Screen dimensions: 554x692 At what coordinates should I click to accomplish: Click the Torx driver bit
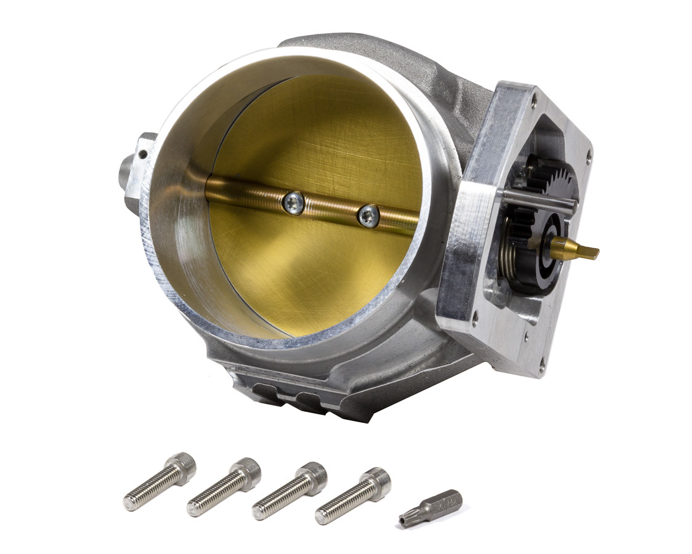point(432,504)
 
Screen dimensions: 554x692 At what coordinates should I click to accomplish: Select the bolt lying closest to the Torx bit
point(353,495)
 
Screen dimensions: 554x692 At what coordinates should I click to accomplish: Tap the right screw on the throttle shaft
point(369,216)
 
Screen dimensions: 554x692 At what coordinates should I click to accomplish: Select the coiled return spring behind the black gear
point(513,252)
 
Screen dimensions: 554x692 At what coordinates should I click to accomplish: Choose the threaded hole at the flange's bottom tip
point(541,370)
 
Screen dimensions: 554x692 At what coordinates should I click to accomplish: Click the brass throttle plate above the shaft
point(320,135)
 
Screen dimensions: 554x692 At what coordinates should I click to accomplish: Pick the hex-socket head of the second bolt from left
point(248,472)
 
